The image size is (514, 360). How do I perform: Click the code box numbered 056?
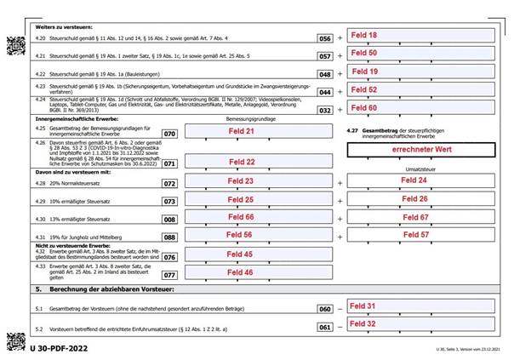[x=324, y=39]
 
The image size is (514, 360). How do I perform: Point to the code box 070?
[x=169, y=134]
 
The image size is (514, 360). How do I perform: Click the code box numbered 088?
[x=169, y=236]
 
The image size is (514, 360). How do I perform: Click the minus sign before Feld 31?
[x=342, y=308]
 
